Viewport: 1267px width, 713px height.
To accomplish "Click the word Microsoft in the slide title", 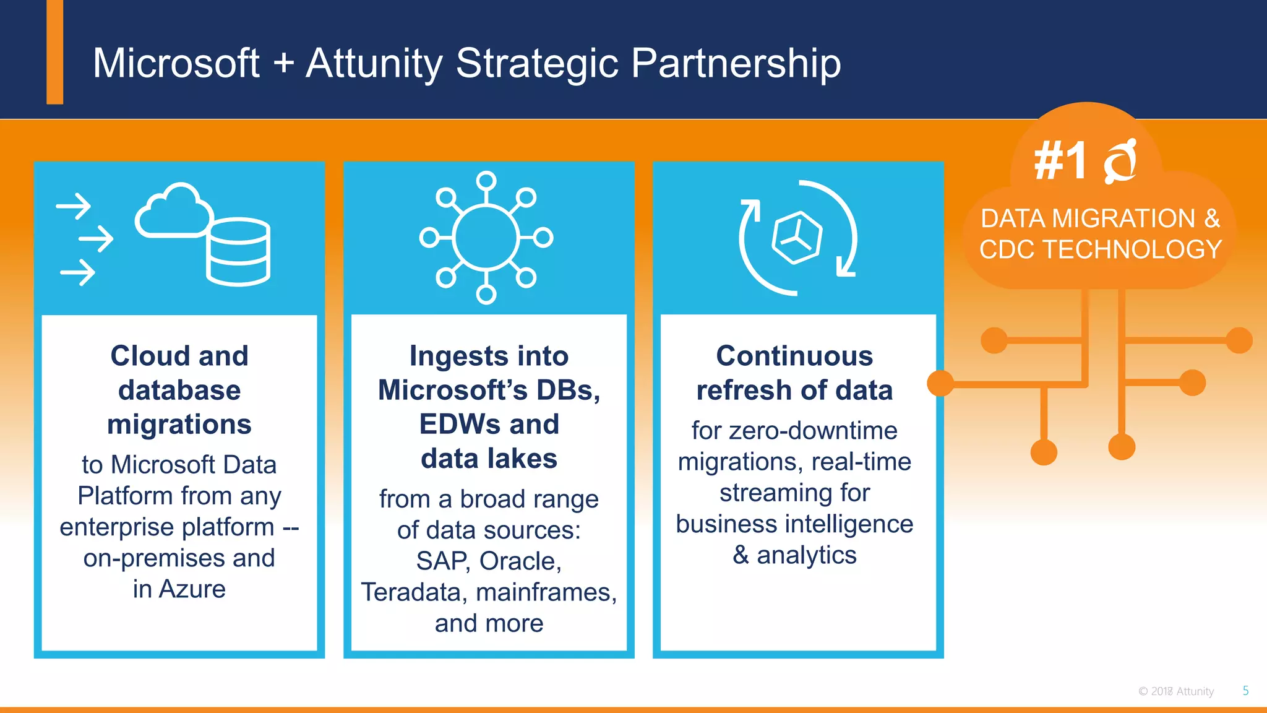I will pyautogui.click(x=176, y=63).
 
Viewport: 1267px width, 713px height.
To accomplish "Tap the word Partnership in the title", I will pyautogui.click(x=736, y=63).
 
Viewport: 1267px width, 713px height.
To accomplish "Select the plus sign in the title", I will pyautogui.click(x=283, y=64).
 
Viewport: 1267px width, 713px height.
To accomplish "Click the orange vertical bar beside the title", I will pyautogui.click(x=55, y=53).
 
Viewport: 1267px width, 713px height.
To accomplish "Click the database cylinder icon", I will pyautogui.click(x=238, y=252).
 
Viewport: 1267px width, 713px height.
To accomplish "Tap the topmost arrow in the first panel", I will pyautogui.click(x=74, y=206).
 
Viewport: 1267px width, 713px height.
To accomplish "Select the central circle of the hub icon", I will pyautogui.click(x=486, y=238).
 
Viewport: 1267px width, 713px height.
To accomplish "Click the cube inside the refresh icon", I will pyautogui.click(x=797, y=238).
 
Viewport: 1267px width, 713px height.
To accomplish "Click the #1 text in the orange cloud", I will pyautogui.click(x=1060, y=161).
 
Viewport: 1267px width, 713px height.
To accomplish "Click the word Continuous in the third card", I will pyautogui.click(x=794, y=356).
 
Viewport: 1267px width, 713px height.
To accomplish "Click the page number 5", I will pyautogui.click(x=1245, y=691).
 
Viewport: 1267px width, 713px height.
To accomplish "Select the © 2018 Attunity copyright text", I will pyautogui.click(x=1175, y=691).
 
